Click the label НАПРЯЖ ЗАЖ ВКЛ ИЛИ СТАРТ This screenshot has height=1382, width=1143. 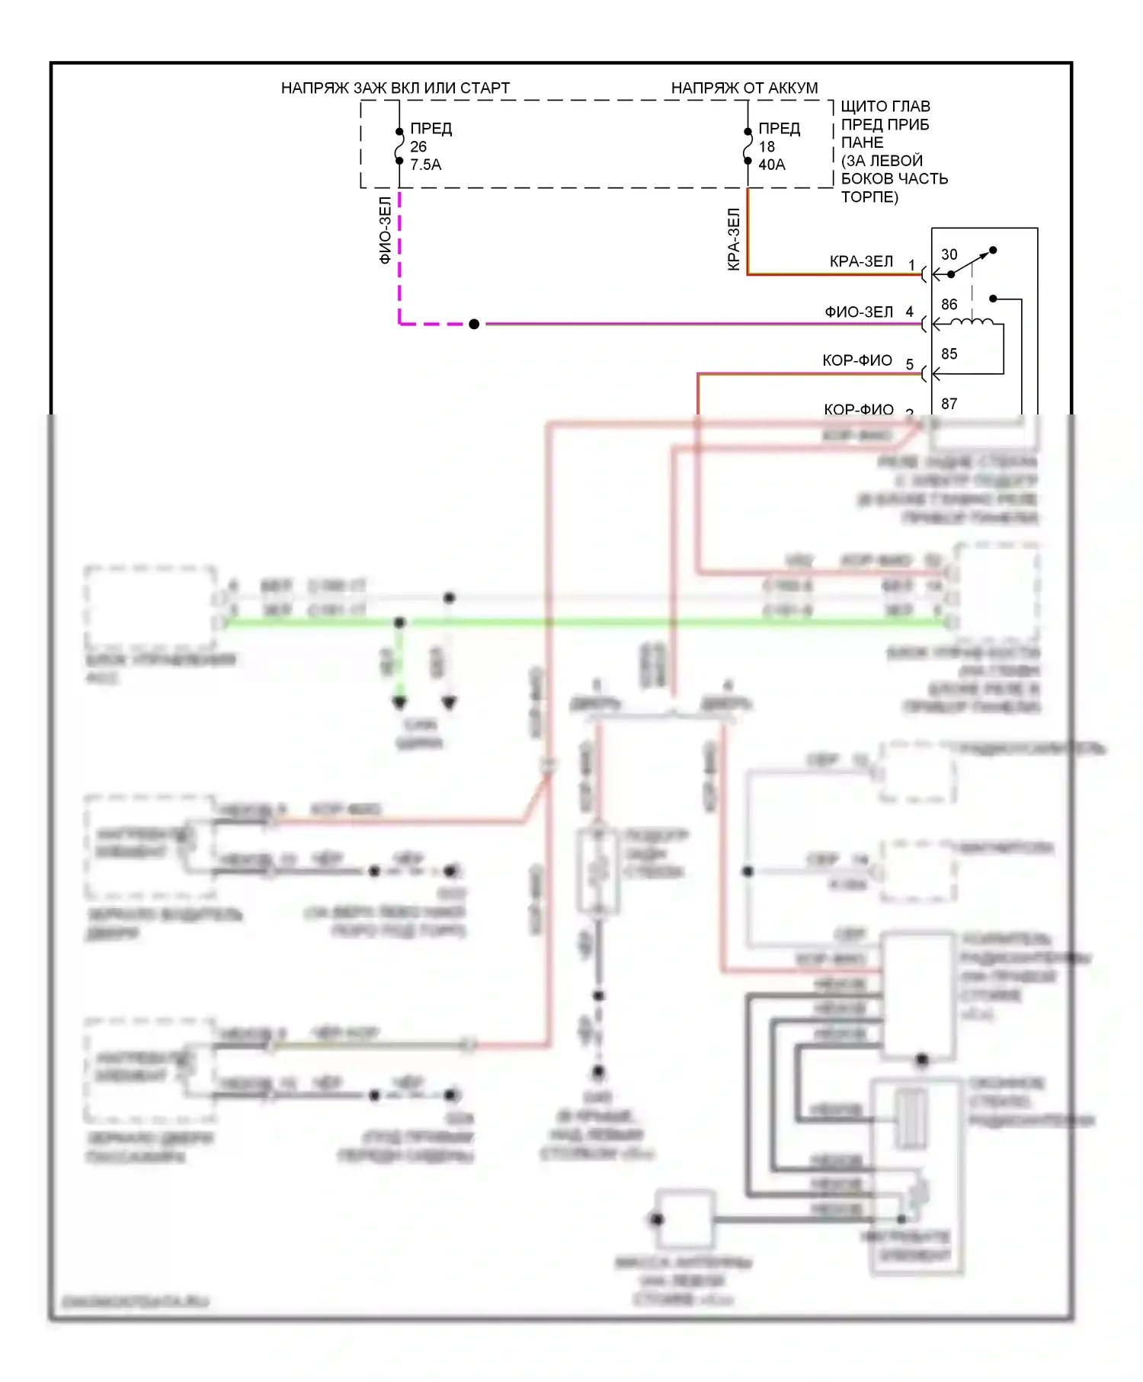tap(395, 88)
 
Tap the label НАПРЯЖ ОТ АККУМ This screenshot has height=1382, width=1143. tap(744, 88)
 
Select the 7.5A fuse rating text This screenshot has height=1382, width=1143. tap(425, 165)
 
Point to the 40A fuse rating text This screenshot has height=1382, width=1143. tap(771, 165)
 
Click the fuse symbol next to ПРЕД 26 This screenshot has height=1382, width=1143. tap(399, 146)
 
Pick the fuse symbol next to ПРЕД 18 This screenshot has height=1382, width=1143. tap(748, 146)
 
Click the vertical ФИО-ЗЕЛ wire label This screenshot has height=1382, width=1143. tap(385, 230)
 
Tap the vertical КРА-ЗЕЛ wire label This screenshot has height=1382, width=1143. tap(733, 239)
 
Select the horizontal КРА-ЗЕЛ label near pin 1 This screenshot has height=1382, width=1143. tap(860, 261)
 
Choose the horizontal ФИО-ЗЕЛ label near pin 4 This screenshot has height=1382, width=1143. tap(858, 312)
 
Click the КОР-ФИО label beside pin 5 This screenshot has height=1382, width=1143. tap(856, 360)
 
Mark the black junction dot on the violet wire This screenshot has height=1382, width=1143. tap(474, 324)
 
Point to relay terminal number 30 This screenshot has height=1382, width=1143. tap(949, 254)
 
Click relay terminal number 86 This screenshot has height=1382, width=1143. tap(949, 305)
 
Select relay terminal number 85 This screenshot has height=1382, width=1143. tap(949, 354)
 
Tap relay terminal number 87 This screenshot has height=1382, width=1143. tap(949, 404)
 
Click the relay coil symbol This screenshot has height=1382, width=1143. tap(972, 322)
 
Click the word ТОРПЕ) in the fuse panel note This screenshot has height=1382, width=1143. tap(869, 197)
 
